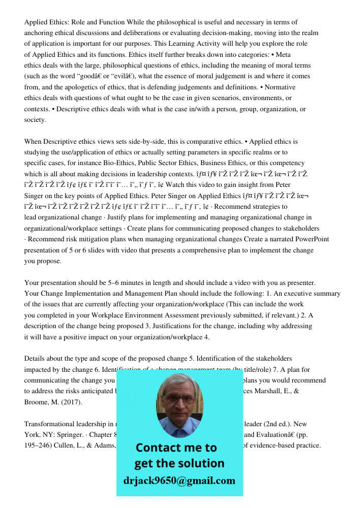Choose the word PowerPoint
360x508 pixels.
tap(310, 239)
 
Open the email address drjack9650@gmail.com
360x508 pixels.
tap(179, 481)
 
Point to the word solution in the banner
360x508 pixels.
tap(200, 463)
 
